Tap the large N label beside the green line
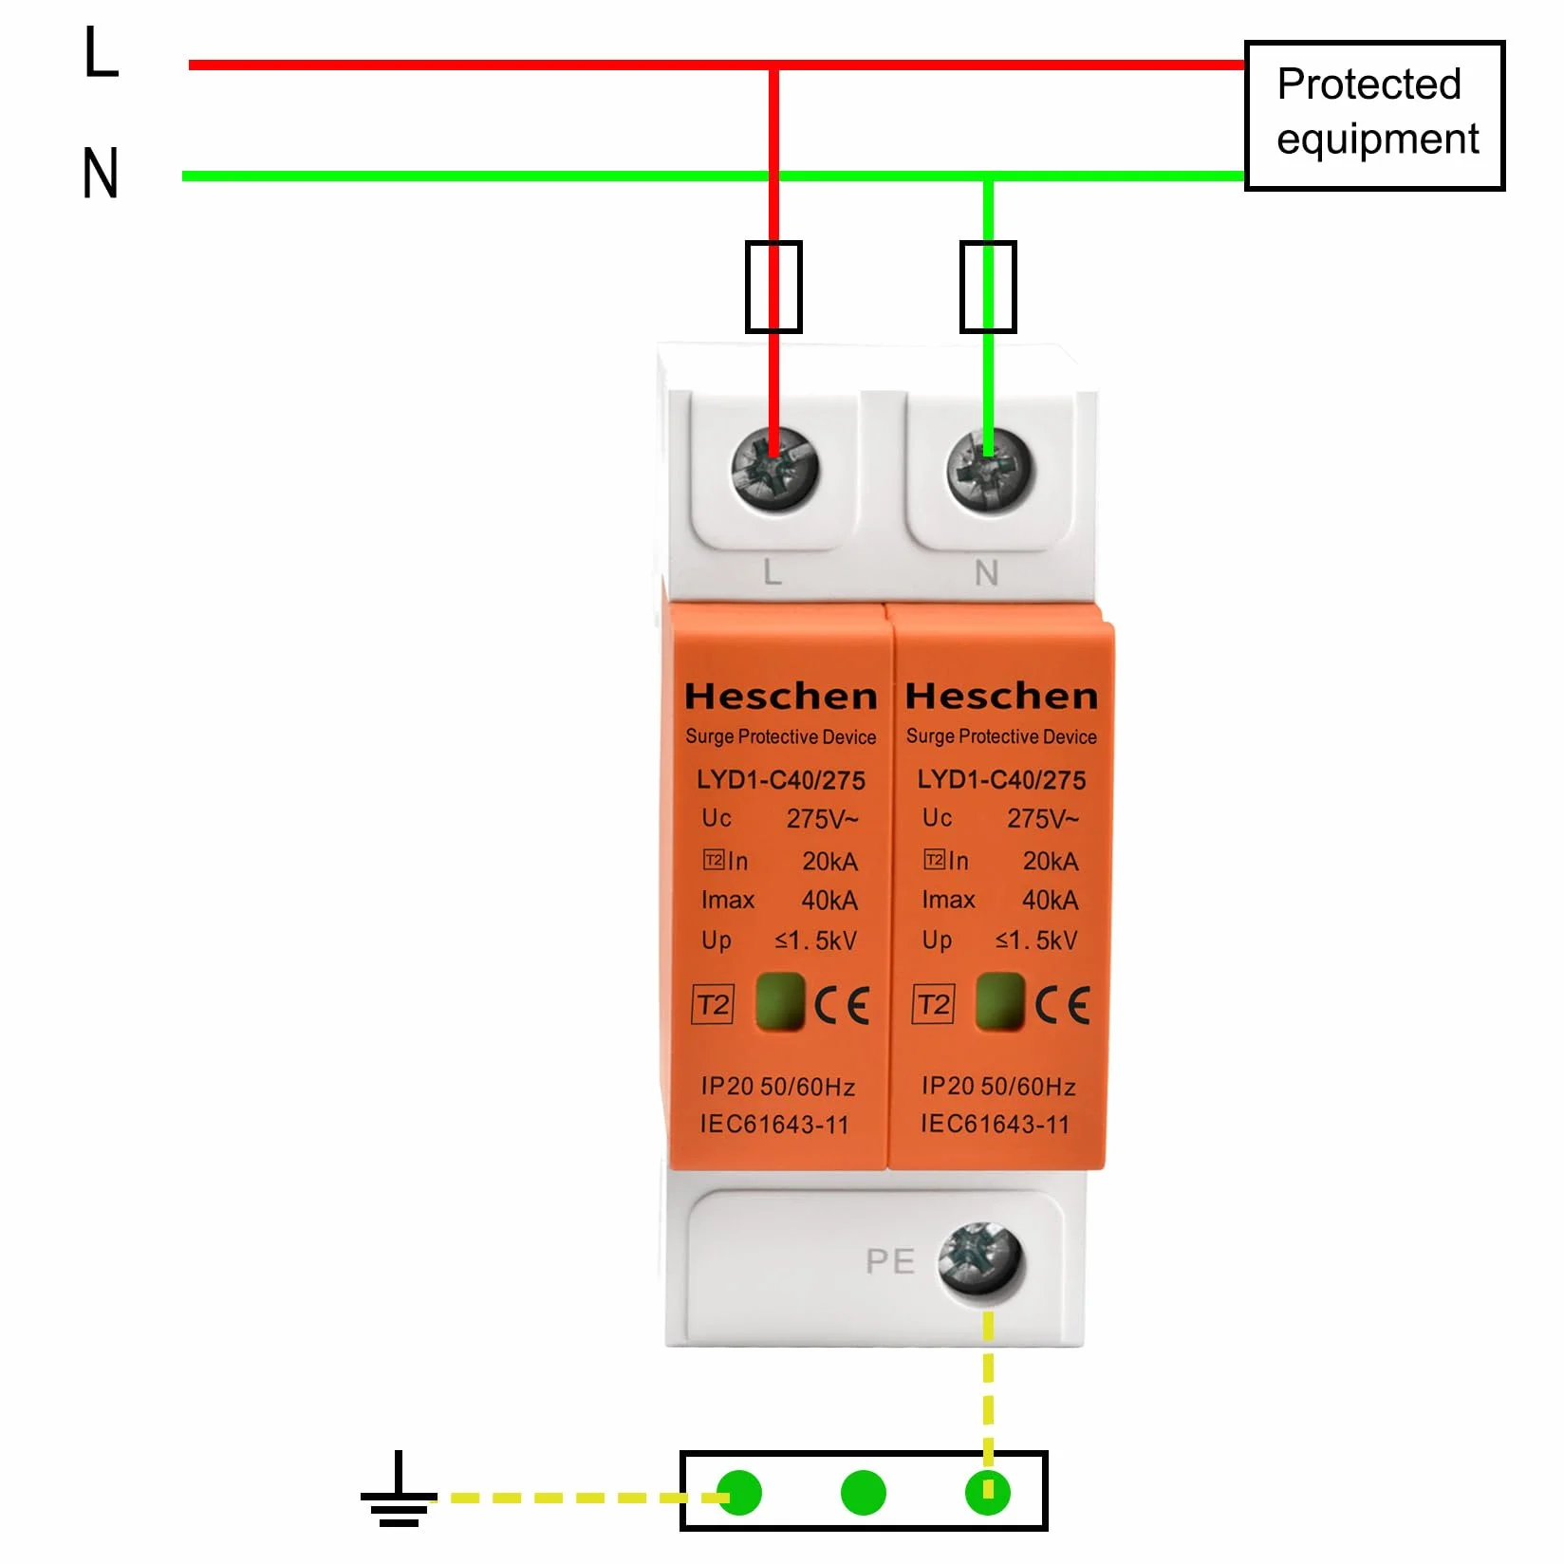point(101,173)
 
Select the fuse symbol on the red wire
point(773,287)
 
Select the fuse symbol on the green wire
point(988,287)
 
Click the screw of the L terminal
point(774,469)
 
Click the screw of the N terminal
point(989,469)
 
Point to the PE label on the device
point(890,1261)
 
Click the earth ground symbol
point(399,1490)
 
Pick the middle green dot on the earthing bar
point(863,1493)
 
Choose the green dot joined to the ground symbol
point(739,1493)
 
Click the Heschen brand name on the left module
point(780,696)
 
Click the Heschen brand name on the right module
point(1001,696)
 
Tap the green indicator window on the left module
point(780,1001)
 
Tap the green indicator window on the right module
point(1000,1001)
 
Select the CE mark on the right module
point(1062,1005)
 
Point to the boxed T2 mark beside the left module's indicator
point(714,1004)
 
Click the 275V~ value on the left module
point(822,819)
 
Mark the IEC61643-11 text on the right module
point(995,1125)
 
